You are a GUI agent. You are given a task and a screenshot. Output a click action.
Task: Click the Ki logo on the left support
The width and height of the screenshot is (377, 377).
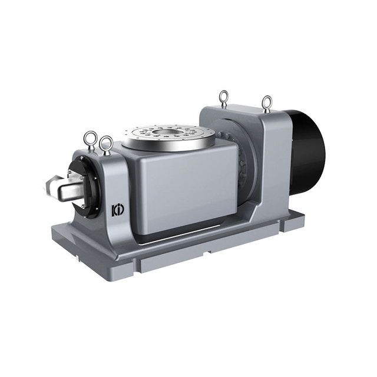coord(118,210)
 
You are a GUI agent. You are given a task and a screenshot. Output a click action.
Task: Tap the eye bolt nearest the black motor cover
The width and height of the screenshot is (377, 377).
coord(266,104)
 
